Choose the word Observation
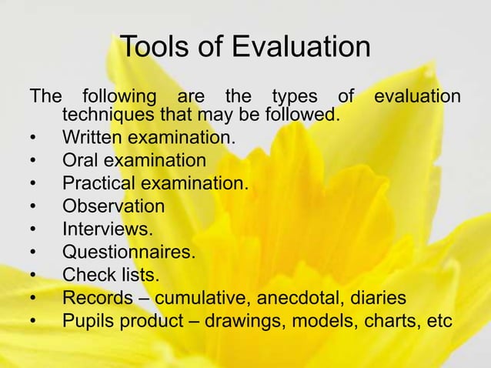(x=113, y=206)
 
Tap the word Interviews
(x=107, y=229)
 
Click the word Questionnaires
(x=129, y=251)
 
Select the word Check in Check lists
(x=86, y=274)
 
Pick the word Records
(x=95, y=296)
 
